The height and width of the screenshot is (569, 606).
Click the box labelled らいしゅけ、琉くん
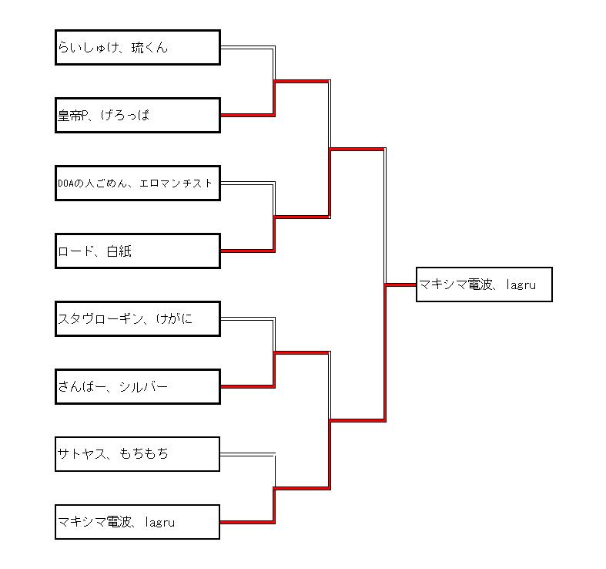click(x=138, y=48)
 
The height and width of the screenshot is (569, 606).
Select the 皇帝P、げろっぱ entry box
click(x=138, y=116)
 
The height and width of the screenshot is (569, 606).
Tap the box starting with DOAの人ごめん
click(x=138, y=183)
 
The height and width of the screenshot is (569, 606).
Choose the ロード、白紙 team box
click(x=138, y=251)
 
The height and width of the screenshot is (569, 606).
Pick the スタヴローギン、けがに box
click(x=138, y=319)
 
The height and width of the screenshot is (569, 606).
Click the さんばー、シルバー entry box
click(x=138, y=387)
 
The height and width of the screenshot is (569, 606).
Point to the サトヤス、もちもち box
click(x=138, y=454)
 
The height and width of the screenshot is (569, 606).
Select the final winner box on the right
click(x=484, y=284)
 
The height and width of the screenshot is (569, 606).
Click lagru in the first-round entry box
click(x=159, y=523)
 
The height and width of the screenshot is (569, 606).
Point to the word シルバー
click(x=143, y=387)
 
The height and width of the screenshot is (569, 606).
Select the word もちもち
click(x=144, y=454)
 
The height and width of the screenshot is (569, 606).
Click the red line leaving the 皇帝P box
click(x=246, y=116)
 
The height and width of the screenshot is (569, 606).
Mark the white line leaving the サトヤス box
click(x=246, y=455)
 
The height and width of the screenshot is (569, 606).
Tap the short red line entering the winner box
click(x=400, y=285)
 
